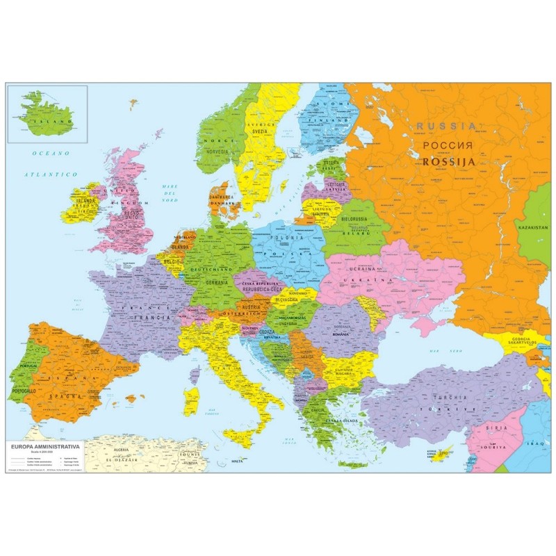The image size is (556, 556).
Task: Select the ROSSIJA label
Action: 448,161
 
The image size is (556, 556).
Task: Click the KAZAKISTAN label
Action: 532,227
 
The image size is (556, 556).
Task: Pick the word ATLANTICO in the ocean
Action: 51,174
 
